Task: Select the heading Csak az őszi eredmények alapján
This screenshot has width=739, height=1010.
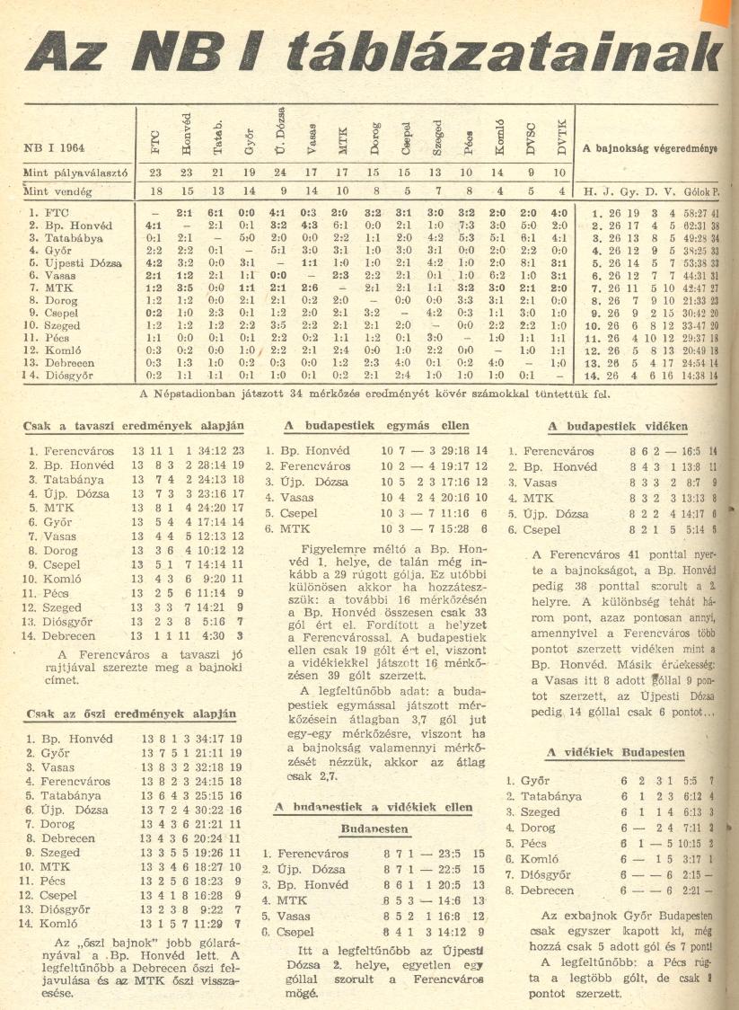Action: click(131, 714)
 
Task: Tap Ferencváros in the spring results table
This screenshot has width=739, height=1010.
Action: click(83, 451)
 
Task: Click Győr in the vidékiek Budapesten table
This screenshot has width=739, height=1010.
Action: click(537, 781)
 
